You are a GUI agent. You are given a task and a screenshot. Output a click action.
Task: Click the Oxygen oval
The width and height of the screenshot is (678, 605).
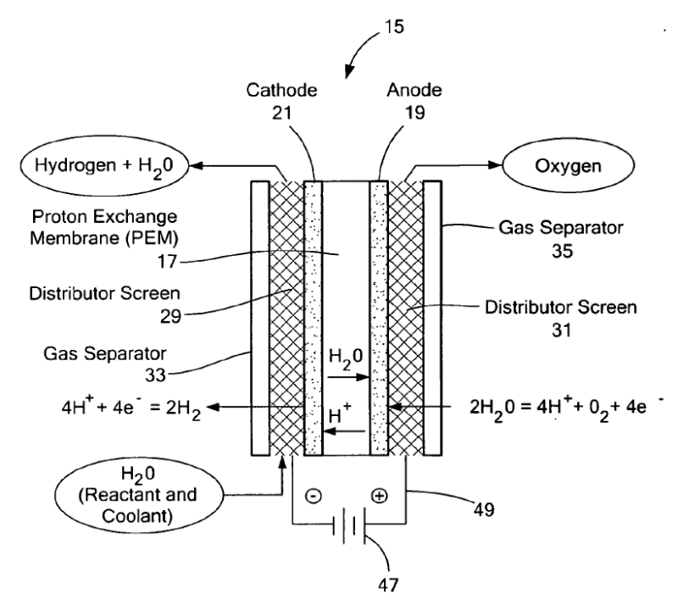(x=568, y=165)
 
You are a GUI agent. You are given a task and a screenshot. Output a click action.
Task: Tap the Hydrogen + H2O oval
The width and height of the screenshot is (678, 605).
(x=104, y=165)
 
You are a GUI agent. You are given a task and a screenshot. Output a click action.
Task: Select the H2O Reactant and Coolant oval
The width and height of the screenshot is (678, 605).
(x=139, y=495)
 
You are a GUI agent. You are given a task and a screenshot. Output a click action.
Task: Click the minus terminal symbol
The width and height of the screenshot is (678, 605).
(x=313, y=496)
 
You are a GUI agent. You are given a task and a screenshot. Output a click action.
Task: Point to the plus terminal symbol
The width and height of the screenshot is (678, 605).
(x=379, y=496)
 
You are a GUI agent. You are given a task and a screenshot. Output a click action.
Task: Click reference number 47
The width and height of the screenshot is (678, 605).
(x=388, y=586)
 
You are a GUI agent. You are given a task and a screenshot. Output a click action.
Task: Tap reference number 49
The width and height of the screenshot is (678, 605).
(x=484, y=510)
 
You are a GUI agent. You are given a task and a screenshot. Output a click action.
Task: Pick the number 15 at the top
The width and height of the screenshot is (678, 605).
(x=394, y=27)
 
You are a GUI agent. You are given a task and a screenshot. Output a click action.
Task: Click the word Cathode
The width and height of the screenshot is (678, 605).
(x=281, y=90)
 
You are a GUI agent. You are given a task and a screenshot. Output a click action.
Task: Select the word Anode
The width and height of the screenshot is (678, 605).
(x=414, y=90)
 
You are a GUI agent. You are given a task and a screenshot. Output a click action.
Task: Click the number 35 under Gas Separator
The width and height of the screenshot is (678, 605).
(x=562, y=252)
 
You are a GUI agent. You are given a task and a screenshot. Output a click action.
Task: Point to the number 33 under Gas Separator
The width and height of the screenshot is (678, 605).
(x=155, y=375)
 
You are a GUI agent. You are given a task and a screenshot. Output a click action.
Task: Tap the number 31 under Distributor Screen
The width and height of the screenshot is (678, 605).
(x=561, y=330)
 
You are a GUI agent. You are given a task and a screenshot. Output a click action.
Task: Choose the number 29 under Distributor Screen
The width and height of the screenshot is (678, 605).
(x=170, y=317)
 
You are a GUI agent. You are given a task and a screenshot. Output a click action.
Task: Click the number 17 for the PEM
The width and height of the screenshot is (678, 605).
(x=167, y=262)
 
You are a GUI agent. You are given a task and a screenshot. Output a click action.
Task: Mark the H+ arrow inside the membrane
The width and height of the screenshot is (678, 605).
(x=345, y=431)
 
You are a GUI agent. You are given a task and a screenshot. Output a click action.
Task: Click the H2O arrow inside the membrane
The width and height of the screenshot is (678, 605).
(x=348, y=377)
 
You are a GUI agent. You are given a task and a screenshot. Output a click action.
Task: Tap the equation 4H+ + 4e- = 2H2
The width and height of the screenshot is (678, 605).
(x=131, y=408)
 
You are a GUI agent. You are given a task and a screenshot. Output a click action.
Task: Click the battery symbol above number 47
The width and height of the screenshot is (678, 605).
(x=349, y=525)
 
